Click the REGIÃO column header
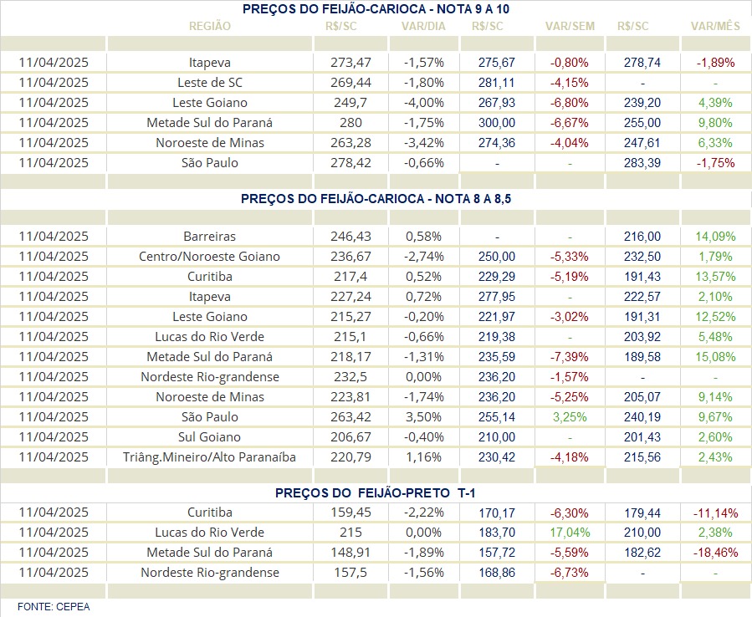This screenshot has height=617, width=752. pos(210,26)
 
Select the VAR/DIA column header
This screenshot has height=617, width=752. pos(423,26)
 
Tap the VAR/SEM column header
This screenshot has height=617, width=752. pos(570,26)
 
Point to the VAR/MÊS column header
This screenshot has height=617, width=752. pos(715,26)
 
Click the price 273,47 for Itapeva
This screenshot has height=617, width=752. pos(350,63)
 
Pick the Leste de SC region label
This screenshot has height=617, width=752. pos(210,83)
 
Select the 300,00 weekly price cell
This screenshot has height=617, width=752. pos(497,123)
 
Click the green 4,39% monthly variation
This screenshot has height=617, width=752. pos(715,103)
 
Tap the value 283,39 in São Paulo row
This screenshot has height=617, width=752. pos(642,163)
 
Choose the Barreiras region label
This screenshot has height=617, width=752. pos(210,237)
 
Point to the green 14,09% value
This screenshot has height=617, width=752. pos(715,237)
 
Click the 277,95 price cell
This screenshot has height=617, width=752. pos(497,297)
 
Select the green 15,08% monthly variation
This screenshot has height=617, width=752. pos(715,357)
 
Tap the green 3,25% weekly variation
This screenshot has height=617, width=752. pos(570,417)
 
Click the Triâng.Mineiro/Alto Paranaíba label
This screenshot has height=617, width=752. pos(210,457)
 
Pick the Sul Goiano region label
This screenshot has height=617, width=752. pos(210,437)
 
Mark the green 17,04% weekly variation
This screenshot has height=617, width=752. pos(570,533)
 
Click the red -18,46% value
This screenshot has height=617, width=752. pos(715,553)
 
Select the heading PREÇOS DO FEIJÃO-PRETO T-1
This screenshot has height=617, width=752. pos(375,492)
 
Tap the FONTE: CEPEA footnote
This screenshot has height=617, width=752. pos(54,607)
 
